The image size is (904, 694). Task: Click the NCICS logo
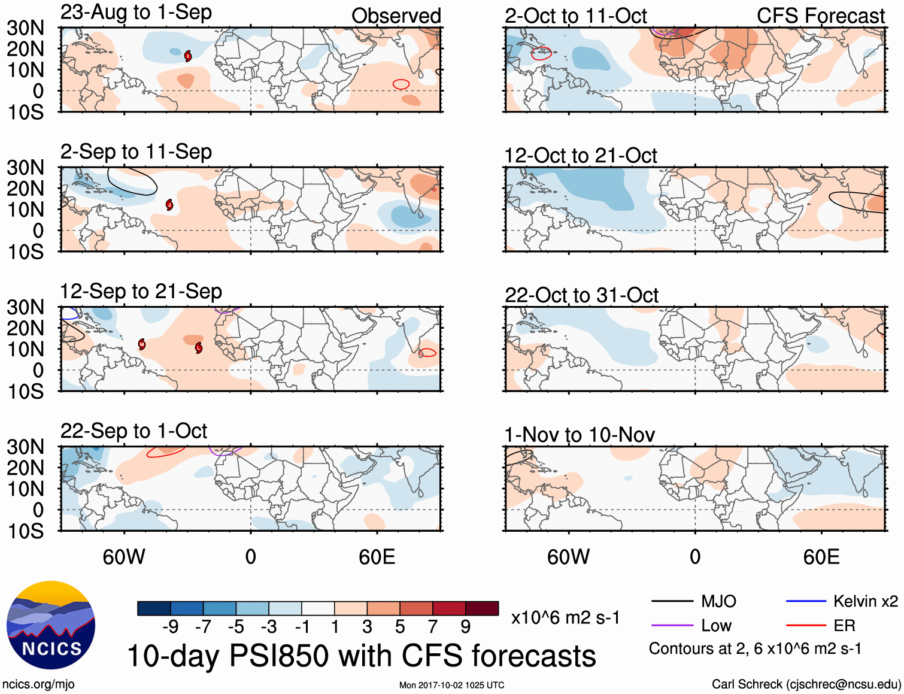click(x=51, y=625)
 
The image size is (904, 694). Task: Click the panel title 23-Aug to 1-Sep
click(x=136, y=13)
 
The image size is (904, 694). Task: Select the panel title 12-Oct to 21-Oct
click(x=580, y=156)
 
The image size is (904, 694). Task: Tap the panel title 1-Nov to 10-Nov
click(x=579, y=435)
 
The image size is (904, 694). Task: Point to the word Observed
click(x=396, y=16)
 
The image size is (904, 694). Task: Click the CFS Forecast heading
click(x=820, y=16)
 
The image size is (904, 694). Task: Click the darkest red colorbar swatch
click(x=482, y=608)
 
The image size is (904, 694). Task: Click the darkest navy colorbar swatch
click(x=154, y=608)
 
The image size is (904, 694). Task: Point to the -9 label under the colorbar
click(x=170, y=627)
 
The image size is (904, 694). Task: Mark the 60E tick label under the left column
click(x=377, y=557)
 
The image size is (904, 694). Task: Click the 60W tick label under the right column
click(x=568, y=557)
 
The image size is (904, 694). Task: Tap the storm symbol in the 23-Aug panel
click(x=188, y=56)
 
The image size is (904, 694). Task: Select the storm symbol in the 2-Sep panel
click(x=169, y=205)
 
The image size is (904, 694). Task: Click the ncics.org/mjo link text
click(x=38, y=684)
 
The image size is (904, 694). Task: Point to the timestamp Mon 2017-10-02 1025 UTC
click(x=451, y=685)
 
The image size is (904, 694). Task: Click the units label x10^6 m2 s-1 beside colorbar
click(x=565, y=618)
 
